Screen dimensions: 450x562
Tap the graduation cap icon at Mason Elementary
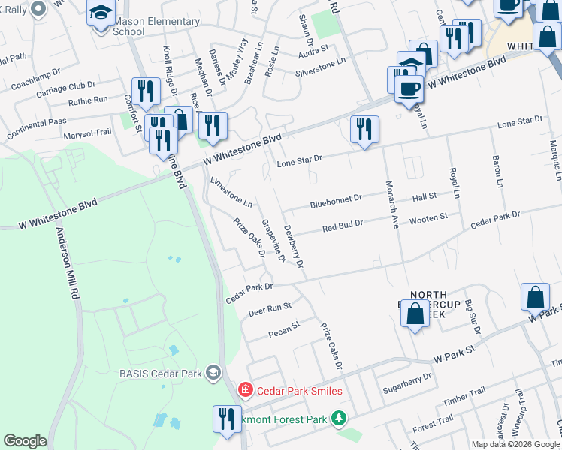click(100, 13)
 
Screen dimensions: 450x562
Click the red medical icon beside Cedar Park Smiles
click(245, 390)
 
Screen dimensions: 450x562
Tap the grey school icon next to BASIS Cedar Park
click(214, 373)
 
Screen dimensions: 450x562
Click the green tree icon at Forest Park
click(340, 417)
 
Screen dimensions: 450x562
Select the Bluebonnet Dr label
click(337, 202)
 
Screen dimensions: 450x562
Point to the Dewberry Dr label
click(293, 247)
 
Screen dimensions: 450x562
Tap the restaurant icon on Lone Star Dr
click(364, 130)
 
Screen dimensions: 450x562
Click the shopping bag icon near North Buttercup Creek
click(415, 313)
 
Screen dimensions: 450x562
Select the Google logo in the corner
click(25, 440)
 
